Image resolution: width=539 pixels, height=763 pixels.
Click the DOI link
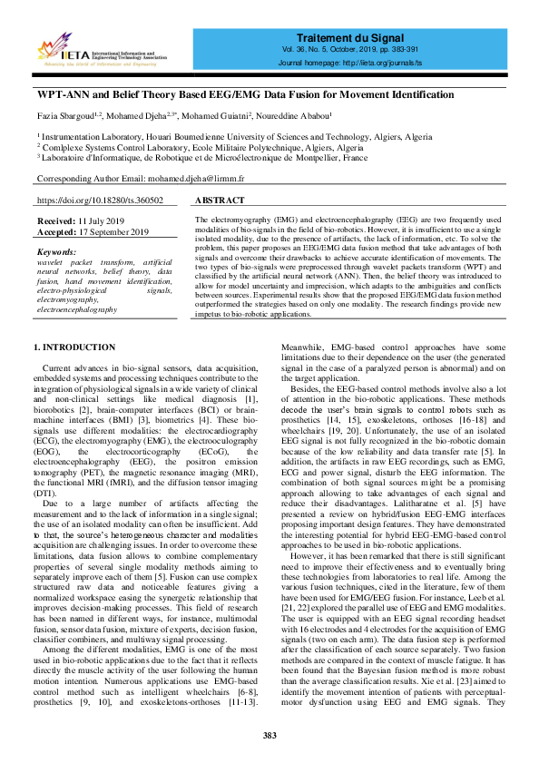pos(100,201)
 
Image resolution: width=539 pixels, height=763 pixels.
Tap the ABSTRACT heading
pos(220,201)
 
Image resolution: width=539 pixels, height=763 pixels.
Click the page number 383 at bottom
pos(269,734)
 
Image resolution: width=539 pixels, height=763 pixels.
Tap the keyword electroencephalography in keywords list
pos(90,310)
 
